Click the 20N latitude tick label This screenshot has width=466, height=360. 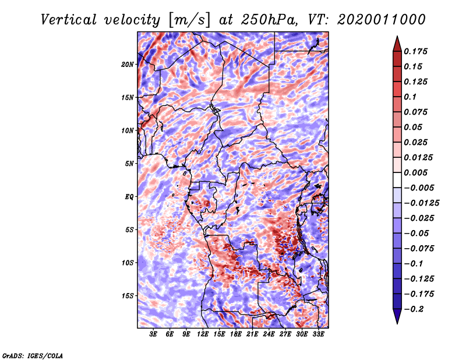[x=128, y=64]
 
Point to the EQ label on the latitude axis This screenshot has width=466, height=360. [x=129, y=197]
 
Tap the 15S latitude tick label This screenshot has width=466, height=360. [x=128, y=296]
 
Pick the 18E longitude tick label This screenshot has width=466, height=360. [x=236, y=335]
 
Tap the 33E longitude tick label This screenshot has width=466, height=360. [x=319, y=335]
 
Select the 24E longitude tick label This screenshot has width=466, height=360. [x=269, y=335]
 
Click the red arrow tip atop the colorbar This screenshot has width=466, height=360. [x=397, y=41]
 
